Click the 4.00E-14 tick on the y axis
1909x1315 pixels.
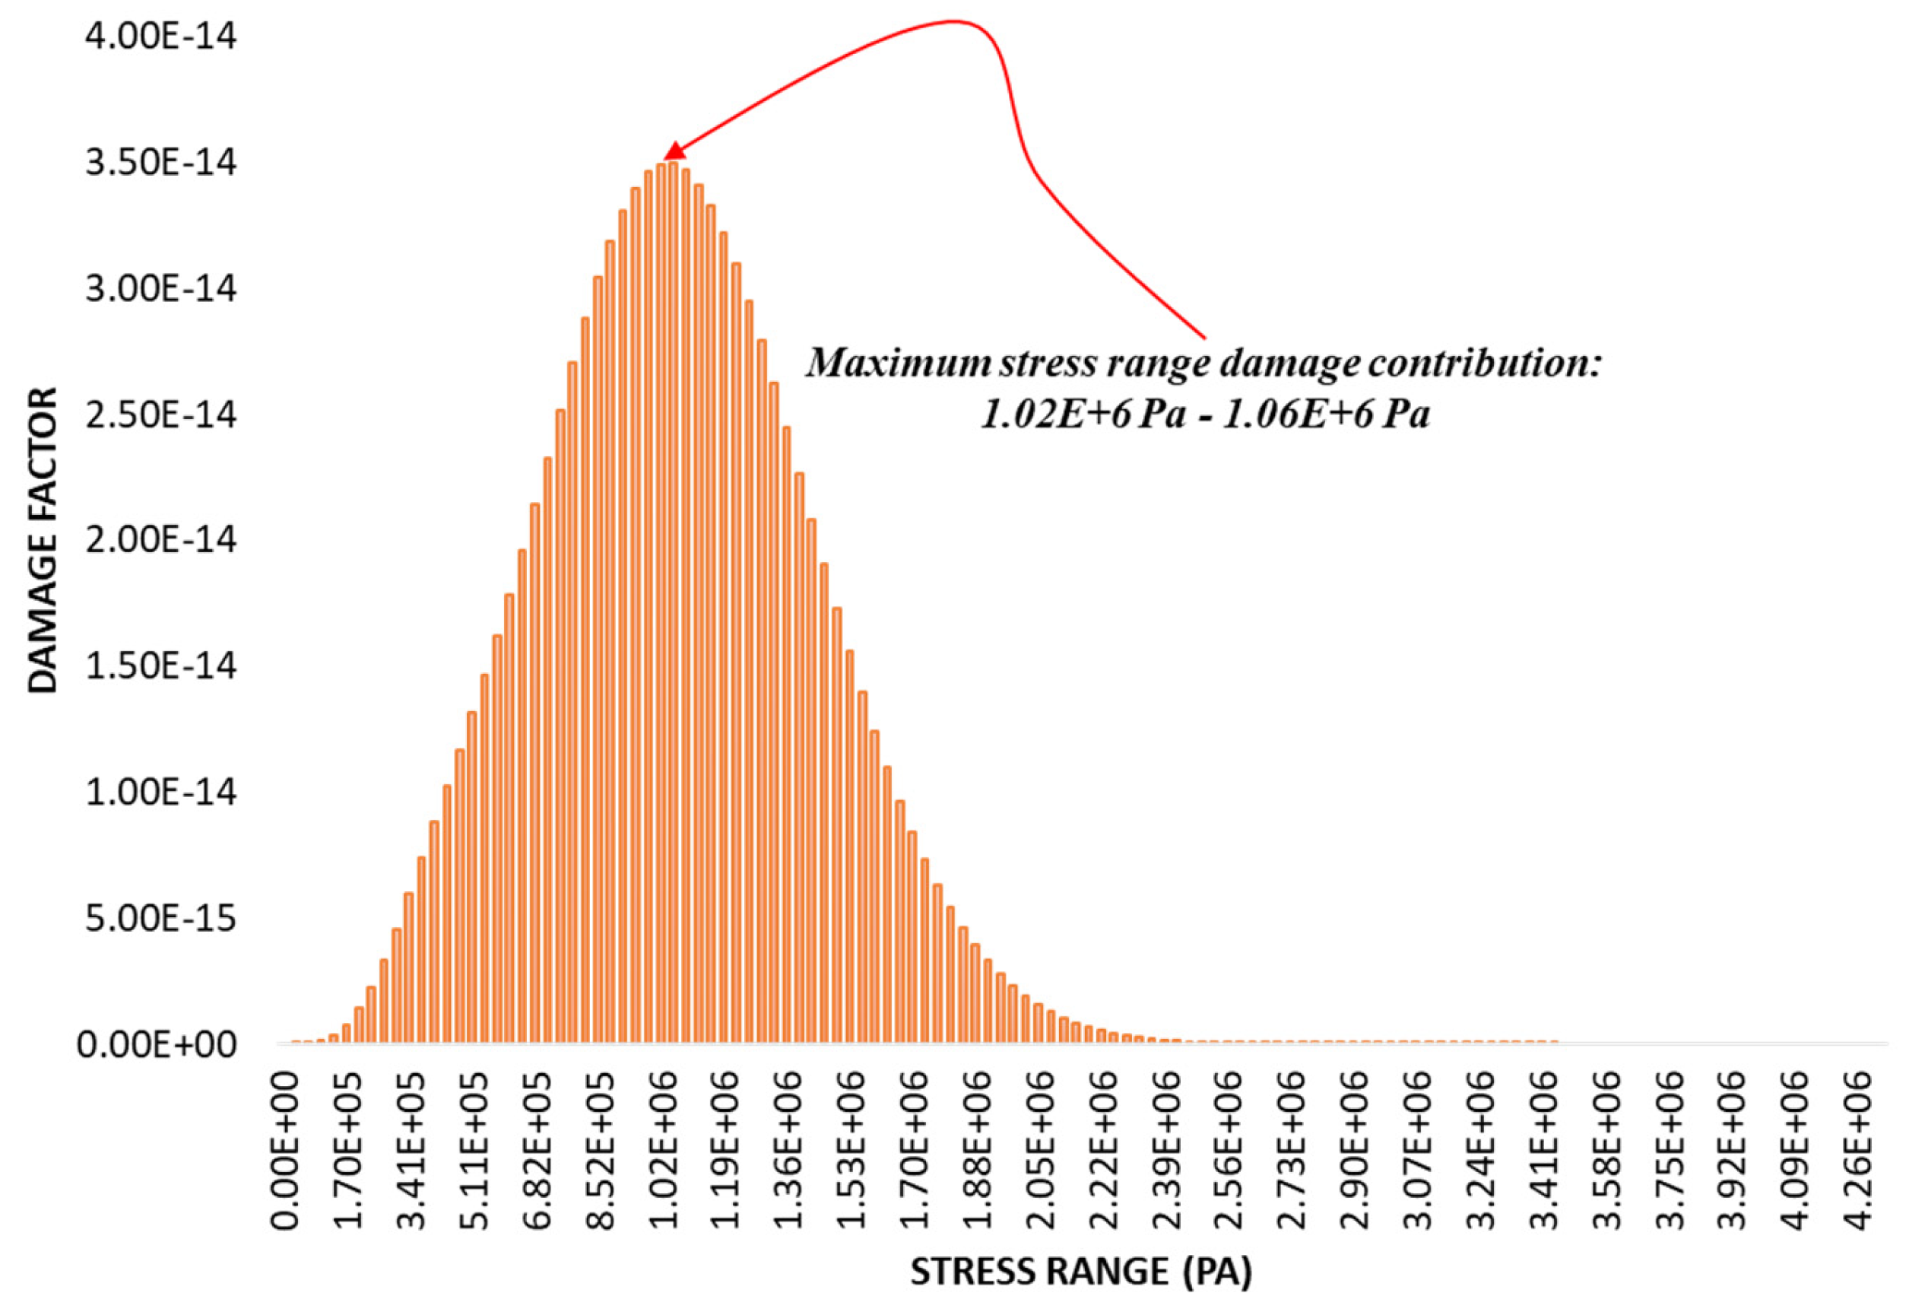point(160,37)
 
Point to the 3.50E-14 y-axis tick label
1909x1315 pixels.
point(160,162)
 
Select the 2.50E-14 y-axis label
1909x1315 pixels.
point(160,415)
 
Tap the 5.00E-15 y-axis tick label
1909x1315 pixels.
point(160,918)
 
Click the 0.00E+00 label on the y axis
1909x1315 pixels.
point(157,1045)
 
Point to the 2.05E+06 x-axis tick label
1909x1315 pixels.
point(1041,1149)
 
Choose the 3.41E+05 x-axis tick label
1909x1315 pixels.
point(412,1149)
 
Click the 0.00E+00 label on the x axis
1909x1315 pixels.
point(286,1149)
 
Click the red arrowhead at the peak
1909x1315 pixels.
point(674,151)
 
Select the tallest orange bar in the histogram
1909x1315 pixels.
point(674,602)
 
